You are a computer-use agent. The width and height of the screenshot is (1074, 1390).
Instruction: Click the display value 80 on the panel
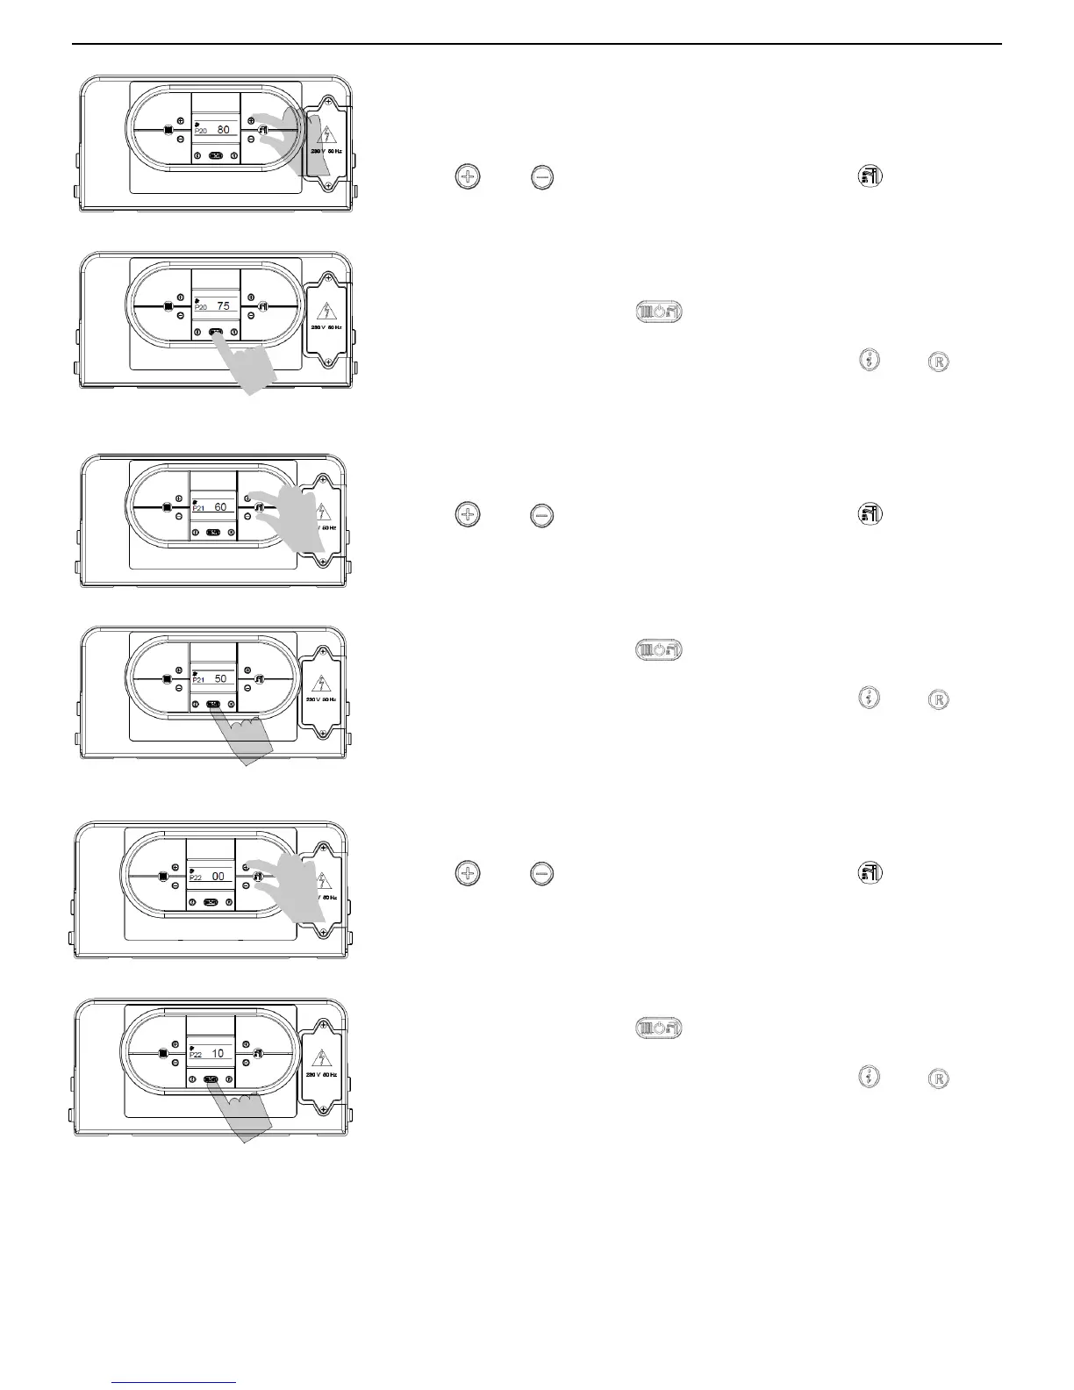(x=224, y=130)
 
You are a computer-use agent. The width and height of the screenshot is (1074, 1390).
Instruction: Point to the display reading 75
(x=224, y=306)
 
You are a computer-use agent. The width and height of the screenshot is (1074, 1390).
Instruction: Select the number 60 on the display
(x=221, y=507)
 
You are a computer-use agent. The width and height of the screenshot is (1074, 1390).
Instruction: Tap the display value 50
(x=221, y=678)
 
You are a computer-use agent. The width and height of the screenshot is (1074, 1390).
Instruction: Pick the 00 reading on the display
(x=218, y=876)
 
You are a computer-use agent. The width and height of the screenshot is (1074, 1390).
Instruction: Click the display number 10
(x=218, y=1053)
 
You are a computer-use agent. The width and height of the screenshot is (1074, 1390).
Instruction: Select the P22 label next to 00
(x=196, y=877)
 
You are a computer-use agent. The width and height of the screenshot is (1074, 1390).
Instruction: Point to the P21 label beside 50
(x=198, y=679)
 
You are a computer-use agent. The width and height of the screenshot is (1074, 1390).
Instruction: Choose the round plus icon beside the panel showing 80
(x=468, y=177)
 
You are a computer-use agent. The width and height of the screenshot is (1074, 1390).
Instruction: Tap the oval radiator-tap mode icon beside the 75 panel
(x=658, y=312)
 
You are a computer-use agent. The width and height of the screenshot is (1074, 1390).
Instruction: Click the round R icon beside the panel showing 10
(x=938, y=1078)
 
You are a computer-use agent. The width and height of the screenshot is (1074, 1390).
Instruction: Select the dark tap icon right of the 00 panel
(x=870, y=872)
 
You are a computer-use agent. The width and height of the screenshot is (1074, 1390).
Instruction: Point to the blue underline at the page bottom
(x=175, y=1383)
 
